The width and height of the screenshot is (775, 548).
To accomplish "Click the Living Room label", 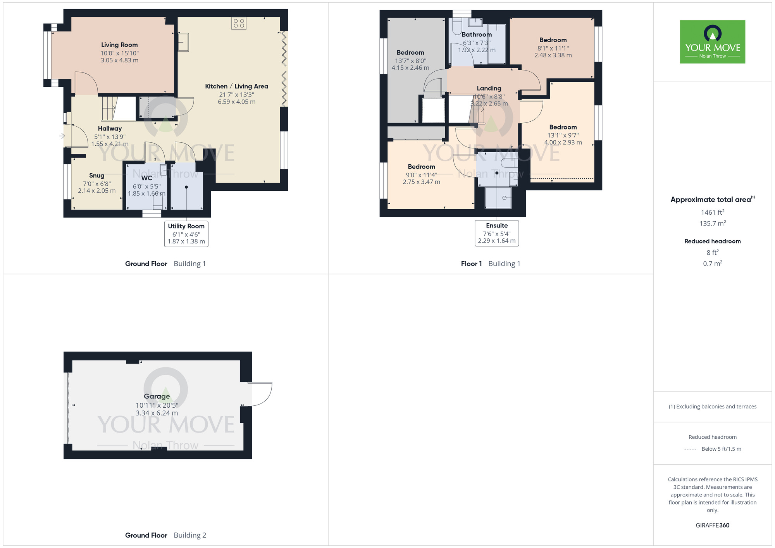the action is pos(119,45).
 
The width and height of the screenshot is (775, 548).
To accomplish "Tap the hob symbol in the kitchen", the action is pos(239,23).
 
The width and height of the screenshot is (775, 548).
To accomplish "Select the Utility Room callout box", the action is pos(186,234).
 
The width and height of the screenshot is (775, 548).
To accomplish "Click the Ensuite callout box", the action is pos(497,233).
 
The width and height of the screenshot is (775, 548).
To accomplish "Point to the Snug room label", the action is pos(96,176).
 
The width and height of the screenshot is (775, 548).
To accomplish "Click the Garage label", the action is pos(157,396).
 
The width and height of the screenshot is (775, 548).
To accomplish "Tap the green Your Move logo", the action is pos(713,42).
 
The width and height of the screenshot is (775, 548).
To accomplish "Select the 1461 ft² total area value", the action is pos(713,212).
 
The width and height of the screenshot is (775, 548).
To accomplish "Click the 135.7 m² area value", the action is pos(713,223).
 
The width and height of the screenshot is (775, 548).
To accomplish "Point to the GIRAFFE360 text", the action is pos(713,526).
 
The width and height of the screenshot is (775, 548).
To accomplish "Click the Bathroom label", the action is pos(477,34).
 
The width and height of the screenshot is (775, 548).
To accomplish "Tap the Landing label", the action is pos(489,88).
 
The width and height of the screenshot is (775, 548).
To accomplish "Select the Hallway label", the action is pos(110,128).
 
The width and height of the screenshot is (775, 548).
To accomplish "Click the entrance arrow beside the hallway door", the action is pos(62,136).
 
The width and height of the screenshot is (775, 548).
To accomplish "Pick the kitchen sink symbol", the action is pos(183,42).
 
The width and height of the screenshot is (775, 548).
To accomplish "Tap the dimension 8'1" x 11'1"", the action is pos(553,48).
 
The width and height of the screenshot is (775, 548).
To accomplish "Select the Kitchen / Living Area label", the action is pos(236,86).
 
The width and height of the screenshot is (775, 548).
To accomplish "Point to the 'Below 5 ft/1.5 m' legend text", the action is pos(721,449).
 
